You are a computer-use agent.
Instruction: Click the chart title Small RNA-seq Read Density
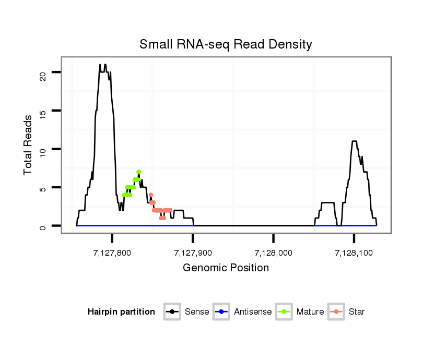click(226, 44)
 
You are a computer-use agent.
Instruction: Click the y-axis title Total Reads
click(28, 145)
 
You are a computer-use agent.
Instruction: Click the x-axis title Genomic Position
click(226, 268)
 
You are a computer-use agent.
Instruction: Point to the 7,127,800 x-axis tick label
click(112, 253)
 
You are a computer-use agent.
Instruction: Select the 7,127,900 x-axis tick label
click(193, 253)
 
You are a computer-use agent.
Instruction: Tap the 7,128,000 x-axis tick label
click(273, 253)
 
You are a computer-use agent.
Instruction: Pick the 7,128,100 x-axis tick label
click(354, 253)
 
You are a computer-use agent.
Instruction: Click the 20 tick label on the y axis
click(43, 72)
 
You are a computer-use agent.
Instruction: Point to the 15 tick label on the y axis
click(43, 111)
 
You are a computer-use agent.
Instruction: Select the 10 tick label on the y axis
click(43, 149)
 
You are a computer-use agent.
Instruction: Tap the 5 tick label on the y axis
click(43, 187)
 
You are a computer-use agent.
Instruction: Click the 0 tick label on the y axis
click(43, 226)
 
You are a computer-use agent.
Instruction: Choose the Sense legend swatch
click(172, 312)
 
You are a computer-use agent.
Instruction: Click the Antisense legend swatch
click(221, 312)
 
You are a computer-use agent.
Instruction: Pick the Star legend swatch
click(336, 312)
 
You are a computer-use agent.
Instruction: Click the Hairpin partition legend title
click(121, 312)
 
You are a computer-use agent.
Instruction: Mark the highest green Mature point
click(138, 172)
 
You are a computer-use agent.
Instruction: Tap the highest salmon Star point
click(150, 195)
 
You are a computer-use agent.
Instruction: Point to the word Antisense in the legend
click(253, 312)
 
